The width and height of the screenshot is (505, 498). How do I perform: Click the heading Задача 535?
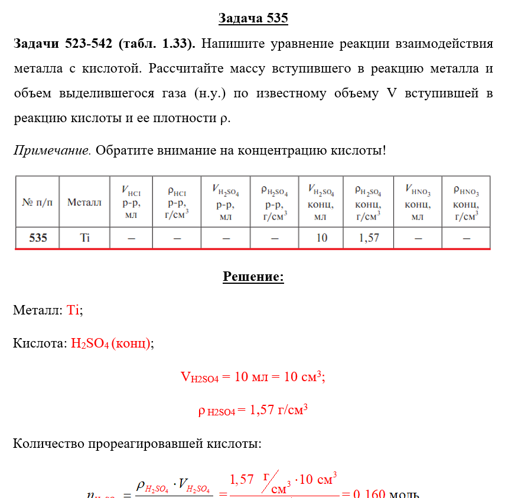pos(253,18)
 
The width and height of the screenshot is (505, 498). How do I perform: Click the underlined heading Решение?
pos(253,277)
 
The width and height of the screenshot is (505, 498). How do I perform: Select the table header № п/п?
pos(37,202)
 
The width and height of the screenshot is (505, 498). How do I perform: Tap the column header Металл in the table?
pos(84,202)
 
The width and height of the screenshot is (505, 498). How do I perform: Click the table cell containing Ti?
pos(84,238)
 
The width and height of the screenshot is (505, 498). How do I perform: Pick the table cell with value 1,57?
pos(369,238)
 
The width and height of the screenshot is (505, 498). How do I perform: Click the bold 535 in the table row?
pos(37,238)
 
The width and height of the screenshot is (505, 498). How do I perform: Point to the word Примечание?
pos(52,150)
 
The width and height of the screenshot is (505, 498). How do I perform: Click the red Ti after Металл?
pos(73,310)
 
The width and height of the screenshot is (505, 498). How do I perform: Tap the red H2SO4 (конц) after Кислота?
pos(110,343)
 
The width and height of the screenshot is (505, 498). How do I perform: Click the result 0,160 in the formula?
pos(369,493)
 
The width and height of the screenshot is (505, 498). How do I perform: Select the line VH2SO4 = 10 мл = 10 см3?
pos(253,377)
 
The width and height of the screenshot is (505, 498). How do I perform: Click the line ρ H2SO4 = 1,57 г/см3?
pos(253,410)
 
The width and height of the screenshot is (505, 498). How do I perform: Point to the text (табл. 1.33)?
pos(158,44)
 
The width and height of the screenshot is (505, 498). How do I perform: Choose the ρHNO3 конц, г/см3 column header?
pos(466,202)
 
